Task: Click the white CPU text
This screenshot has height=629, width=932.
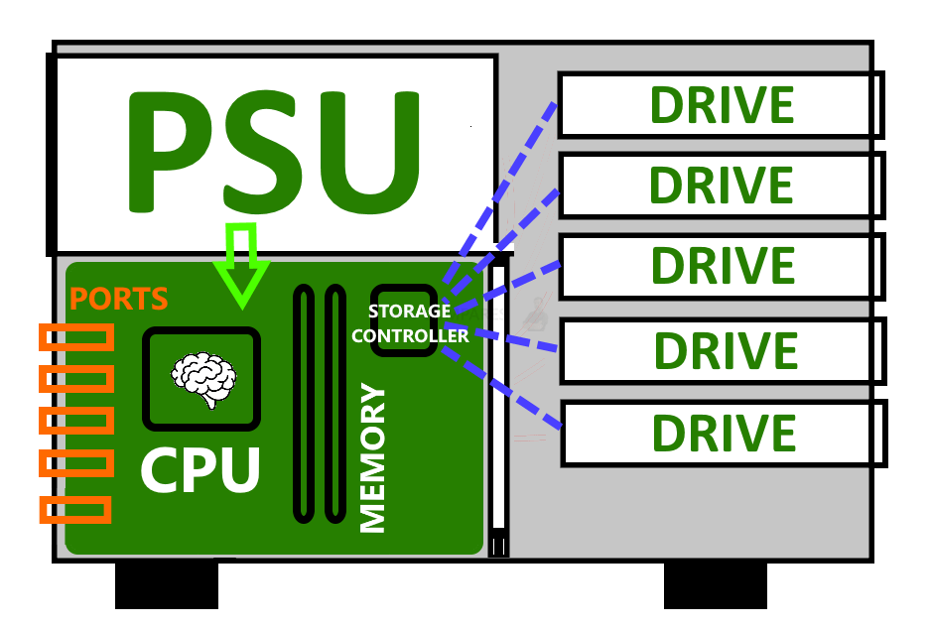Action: click(x=200, y=470)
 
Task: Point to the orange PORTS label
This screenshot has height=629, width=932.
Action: click(x=118, y=299)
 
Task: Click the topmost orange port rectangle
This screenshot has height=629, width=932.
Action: click(x=75, y=337)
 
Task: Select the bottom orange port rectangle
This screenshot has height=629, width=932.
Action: click(x=75, y=510)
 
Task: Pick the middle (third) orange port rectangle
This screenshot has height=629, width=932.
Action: click(x=75, y=421)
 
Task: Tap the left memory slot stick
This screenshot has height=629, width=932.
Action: click(x=304, y=403)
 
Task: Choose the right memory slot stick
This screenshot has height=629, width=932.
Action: click(x=335, y=403)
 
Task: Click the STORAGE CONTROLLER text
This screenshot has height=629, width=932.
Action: click(x=409, y=323)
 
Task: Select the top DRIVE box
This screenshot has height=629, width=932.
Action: click(x=721, y=105)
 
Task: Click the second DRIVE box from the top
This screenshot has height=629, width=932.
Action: click(x=721, y=186)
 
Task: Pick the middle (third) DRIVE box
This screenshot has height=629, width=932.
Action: click(x=722, y=266)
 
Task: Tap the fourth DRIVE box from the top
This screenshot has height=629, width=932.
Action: click(x=724, y=350)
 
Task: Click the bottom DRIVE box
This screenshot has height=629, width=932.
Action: click(x=724, y=433)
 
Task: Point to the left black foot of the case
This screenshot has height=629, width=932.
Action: click(x=167, y=585)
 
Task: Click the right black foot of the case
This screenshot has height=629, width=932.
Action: click(x=715, y=585)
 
